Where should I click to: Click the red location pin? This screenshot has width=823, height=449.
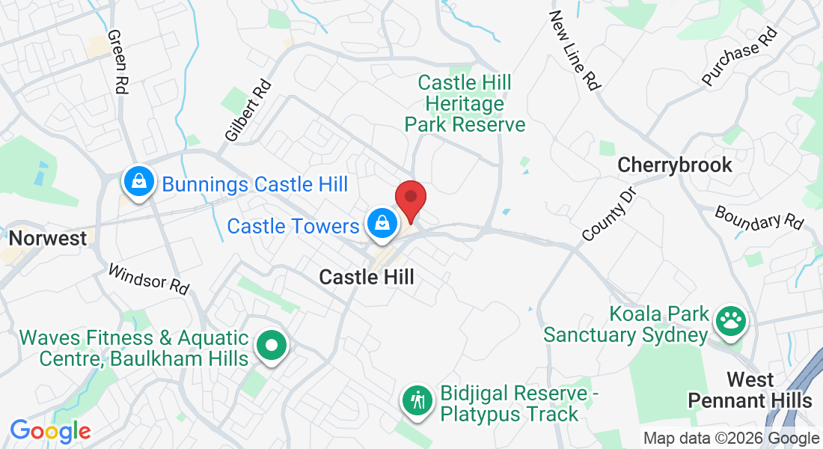click(410, 199)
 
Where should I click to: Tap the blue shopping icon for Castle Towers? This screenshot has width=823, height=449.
click(382, 222)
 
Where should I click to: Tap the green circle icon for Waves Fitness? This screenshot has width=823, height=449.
click(272, 346)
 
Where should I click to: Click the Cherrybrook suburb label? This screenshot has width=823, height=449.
click(675, 165)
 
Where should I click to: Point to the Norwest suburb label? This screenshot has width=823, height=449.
click(48, 239)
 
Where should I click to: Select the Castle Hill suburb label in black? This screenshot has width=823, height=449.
click(367, 277)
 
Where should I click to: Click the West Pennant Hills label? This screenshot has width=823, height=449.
click(750, 390)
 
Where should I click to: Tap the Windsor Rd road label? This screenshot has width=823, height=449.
click(149, 278)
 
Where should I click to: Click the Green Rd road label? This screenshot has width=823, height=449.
click(117, 61)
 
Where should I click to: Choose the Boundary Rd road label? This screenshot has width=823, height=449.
click(759, 218)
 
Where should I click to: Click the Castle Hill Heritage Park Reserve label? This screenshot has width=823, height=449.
click(465, 103)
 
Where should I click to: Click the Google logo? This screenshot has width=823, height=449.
click(50, 431)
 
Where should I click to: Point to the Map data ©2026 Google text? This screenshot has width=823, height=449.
click(732, 439)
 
